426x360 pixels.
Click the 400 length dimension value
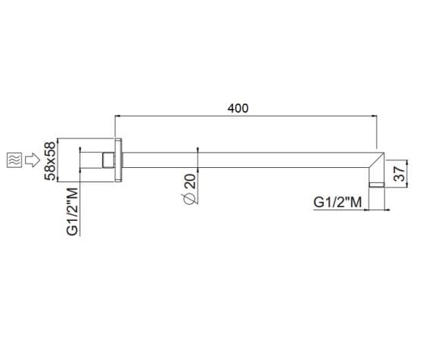238,108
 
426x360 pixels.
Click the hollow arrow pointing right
32,160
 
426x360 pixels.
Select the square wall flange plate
118,160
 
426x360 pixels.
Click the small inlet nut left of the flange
107,160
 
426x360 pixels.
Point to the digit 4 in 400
231,108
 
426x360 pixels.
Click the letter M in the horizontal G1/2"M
356,202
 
